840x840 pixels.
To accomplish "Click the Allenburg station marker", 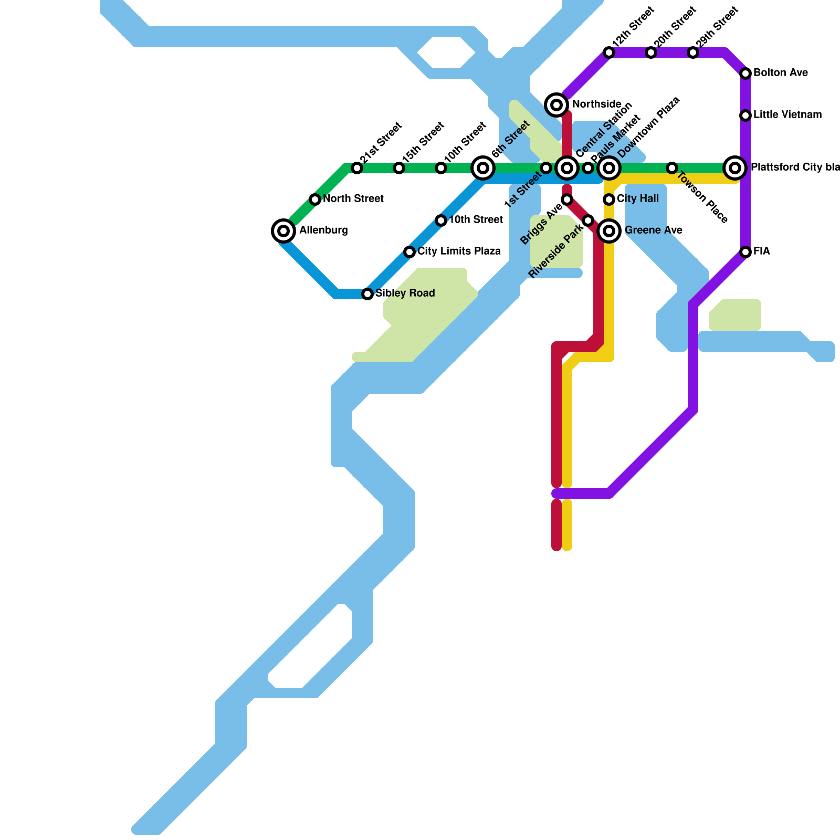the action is [x=283, y=230].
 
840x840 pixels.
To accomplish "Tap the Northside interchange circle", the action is [x=556, y=104].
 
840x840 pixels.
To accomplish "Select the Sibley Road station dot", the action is [x=367, y=293].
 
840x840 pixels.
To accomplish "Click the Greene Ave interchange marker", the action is [x=609, y=230].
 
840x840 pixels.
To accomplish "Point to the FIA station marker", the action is [x=745, y=251].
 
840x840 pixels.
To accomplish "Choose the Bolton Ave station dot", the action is [x=745, y=73].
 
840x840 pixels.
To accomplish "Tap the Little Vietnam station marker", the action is [x=745, y=115].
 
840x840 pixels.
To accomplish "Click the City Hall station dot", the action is [x=609, y=199].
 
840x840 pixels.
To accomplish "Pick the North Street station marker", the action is [x=315, y=199].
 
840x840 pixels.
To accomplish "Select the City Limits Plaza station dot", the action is [x=409, y=251].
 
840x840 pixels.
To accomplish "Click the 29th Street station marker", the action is [x=693, y=52].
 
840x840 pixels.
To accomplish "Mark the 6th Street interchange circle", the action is [x=483, y=168].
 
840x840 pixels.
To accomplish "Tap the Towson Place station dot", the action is [x=672, y=168].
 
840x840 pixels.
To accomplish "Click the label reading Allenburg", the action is [x=323, y=230].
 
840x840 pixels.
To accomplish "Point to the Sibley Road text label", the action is [x=405, y=293].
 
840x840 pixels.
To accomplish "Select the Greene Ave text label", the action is [x=653, y=230].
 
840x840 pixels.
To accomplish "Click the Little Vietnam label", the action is [x=787, y=115].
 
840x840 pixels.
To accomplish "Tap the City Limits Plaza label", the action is [x=459, y=251].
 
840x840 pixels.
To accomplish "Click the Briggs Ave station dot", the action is [x=567, y=199].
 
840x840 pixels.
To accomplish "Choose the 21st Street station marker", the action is [x=357, y=168].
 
